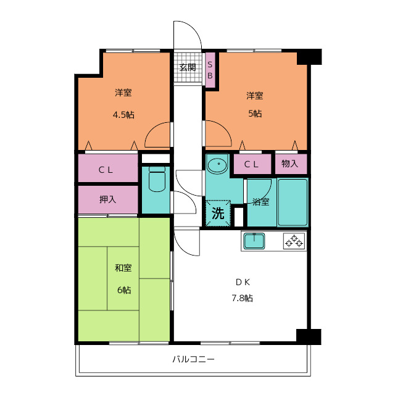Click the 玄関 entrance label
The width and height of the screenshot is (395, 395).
(x=188, y=67)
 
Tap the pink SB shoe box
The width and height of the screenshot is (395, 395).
(x=210, y=70)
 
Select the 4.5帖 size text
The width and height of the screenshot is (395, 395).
(x=123, y=115)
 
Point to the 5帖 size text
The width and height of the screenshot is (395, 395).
(x=255, y=114)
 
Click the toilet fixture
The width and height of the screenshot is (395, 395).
(x=157, y=179)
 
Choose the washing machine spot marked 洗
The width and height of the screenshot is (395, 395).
(x=218, y=213)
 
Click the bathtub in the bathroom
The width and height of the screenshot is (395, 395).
(x=292, y=202)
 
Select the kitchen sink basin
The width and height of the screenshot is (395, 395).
(x=254, y=241)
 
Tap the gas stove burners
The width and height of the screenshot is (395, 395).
(x=294, y=241)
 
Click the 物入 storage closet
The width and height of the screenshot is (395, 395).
(x=291, y=164)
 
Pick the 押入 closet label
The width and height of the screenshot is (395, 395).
(x=107, y=199)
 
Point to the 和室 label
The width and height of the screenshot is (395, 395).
(x=123, y=268)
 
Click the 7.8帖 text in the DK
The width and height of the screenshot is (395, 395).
(x=242, y=298)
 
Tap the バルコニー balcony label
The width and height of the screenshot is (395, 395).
(x=193, y=359)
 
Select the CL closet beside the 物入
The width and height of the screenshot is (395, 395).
(x=252, y=164)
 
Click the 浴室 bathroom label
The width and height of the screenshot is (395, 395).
(x=260, y=202)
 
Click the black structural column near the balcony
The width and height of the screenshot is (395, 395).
(x=309, y=336)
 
